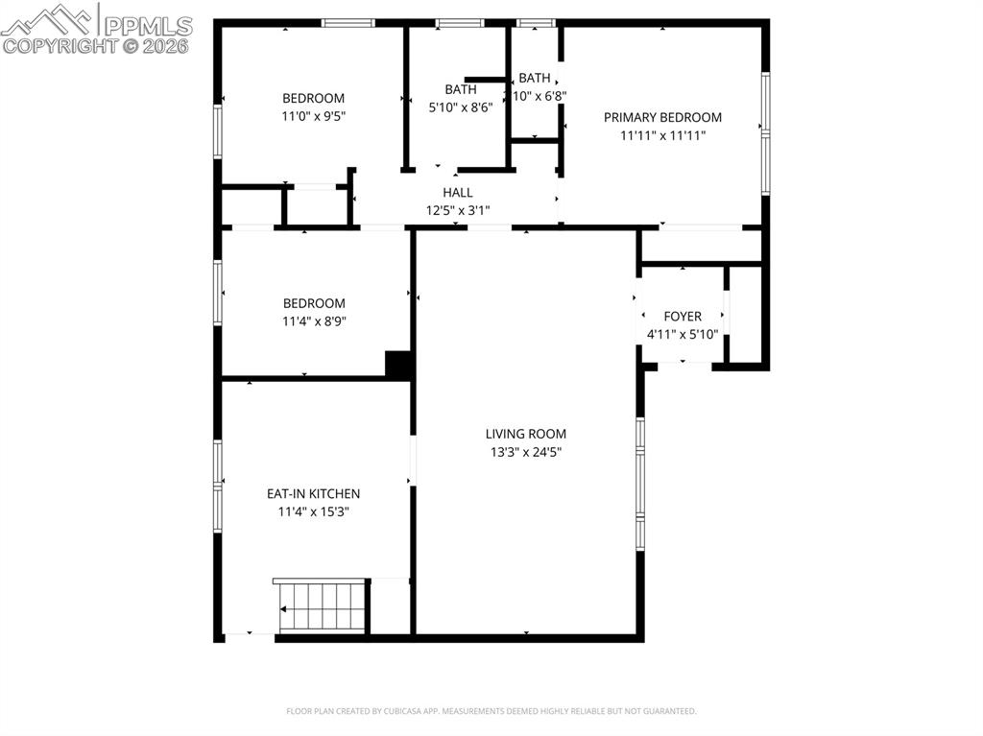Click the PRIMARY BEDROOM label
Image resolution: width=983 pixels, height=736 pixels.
click(x=662, y=117)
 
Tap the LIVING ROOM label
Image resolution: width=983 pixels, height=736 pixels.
click(x=525, y=434)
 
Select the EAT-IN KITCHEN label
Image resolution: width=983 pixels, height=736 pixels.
click(x=313, y=493)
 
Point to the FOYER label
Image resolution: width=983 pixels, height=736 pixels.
click(x=683, y=316)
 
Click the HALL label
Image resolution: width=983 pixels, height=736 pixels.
click(x=457, y=192)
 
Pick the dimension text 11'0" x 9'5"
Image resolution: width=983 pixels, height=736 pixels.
click(x=313, y=116)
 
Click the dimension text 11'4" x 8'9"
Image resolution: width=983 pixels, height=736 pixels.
click(x=313, y=321)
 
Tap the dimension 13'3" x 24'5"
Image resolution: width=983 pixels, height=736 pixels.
click(x=525, y=452)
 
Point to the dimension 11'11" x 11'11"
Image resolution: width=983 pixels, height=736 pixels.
click(x=662, y=135)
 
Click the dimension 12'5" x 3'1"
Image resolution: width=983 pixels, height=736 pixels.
click(x=457, y=210)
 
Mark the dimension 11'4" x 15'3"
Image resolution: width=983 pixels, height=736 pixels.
click(x=313, y=511)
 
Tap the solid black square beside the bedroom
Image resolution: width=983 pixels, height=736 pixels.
click(x=398, y=365)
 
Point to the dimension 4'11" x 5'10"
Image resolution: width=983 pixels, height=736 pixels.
click(x=683, y=334)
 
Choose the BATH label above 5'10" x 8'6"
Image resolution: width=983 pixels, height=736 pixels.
click(x=460, y=89)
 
